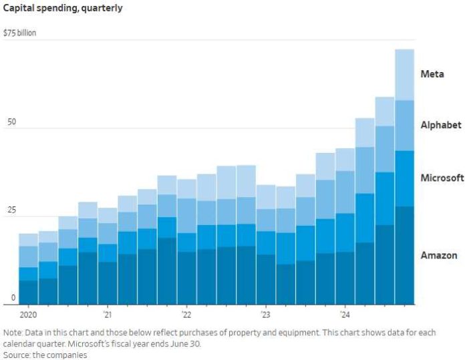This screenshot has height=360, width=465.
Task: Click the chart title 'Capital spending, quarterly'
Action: pos(63,9)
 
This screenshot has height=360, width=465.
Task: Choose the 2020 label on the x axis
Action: pos(28,315)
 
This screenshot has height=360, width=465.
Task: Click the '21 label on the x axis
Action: pos(108,315)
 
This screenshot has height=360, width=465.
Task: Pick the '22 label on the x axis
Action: pos(186,315)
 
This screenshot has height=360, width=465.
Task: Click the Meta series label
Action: pos(432,74)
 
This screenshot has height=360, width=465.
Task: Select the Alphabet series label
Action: pos(441,125)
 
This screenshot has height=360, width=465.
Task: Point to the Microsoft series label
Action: pos(442,178)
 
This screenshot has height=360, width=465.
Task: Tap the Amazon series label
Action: pos(439,255)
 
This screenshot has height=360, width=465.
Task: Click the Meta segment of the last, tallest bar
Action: pos(405,74)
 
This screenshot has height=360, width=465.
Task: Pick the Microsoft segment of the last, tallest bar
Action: pos(405,178)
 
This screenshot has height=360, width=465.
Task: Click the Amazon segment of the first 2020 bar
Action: pos(28,292)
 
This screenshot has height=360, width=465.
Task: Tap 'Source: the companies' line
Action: pos(45,355)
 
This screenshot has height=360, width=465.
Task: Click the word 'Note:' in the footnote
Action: pos(13,333)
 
